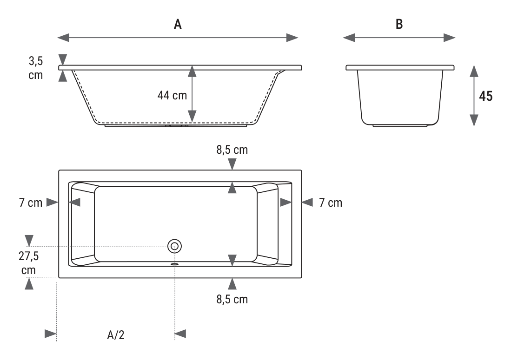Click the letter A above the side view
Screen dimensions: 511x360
[178, 24]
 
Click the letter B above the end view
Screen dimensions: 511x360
[399, 24]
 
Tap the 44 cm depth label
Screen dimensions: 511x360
[172, 95]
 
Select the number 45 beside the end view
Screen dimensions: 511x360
[485, 96]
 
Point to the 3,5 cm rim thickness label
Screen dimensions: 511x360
[36, 68]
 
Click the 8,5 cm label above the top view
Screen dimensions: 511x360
[232, 150]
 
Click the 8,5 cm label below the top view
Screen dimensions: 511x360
[232, 299]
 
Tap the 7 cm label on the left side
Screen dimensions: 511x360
[31, 203]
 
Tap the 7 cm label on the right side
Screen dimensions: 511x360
[331, 203]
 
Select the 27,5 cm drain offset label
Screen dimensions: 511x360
[29, 263]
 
